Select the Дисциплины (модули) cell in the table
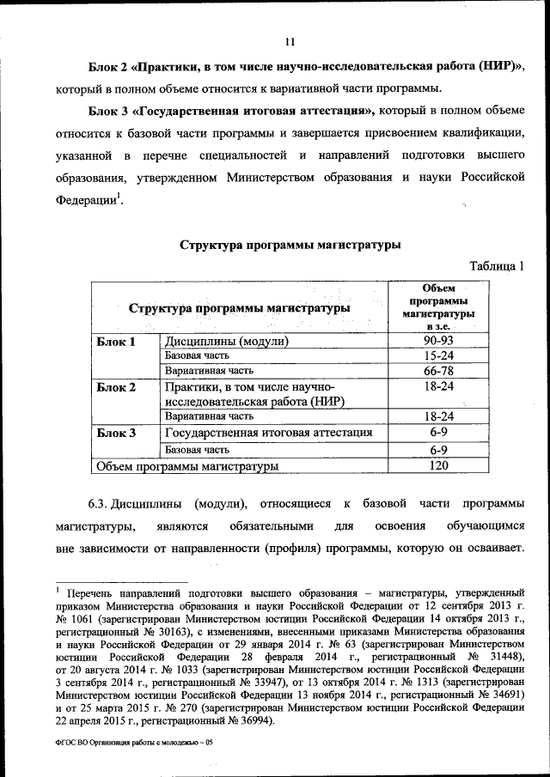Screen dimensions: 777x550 tap(225, 342)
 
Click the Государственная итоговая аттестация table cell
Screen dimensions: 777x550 tap(268, 433)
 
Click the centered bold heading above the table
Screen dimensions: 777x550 tap(290, 245)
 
